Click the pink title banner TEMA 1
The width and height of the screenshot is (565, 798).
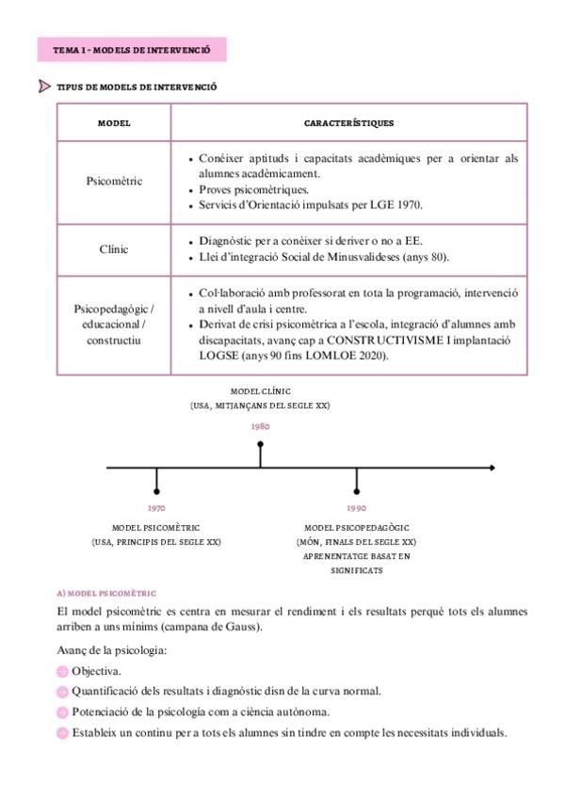pos(132,49)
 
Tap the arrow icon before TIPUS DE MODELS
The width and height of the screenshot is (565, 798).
pos(44,87)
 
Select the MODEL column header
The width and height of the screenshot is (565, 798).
pos(114,123)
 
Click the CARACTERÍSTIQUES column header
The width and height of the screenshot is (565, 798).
pos(348,123)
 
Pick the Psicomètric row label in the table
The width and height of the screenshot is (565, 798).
pos(114,182)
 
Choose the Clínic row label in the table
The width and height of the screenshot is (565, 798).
pos(114,250)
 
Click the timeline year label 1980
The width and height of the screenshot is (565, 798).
pos(260,426)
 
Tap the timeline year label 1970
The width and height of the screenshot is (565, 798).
pos(156,507)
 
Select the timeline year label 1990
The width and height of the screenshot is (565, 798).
pos(356,507)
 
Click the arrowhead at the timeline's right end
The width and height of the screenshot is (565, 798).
pos(491,467)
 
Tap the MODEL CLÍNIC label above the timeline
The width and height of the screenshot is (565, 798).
pos(261,391)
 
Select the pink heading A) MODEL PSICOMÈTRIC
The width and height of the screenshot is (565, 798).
pos(105,594)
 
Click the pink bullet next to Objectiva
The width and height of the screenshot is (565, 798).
pos(62,671)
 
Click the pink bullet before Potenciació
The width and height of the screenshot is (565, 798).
pos(62,712)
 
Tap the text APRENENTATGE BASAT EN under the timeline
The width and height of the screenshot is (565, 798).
pos(356,556)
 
